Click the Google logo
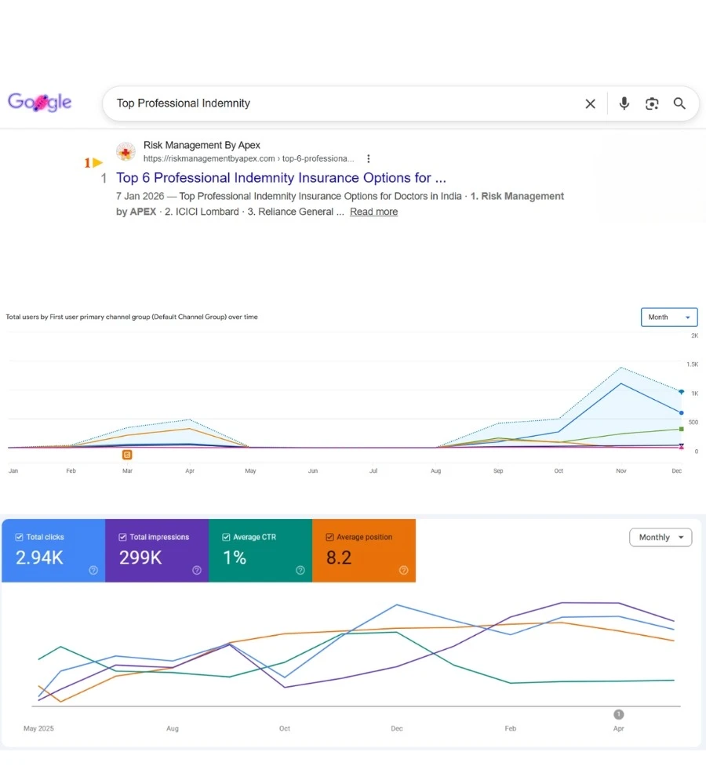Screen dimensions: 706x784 click(x=39, y=103)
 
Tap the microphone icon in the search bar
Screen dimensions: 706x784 click(x=624, y=103)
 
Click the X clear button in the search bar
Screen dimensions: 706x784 click(x=591, y=103)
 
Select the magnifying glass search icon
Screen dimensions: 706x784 click(x=679, y=103)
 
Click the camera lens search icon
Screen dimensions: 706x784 click(x=651, y=103)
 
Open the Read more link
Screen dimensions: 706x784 click(x=373, y=212)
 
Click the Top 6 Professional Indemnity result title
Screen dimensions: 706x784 click(x=281, y=177)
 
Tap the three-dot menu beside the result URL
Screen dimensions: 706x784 click(x=368, y=158)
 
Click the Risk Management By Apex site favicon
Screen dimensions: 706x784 click(x=126, y=151)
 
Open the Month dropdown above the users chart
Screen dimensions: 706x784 click(x=669, y=317)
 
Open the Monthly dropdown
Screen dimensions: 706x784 click(x=661, y=538)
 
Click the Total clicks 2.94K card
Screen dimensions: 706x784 click(x=53, y=550)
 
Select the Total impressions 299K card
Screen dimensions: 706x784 click(x=157, y=550)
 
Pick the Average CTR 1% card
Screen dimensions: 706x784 click(x=260, y=550)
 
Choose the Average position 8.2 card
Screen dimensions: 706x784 click(x=364, y=550)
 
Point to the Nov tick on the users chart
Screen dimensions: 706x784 click(x=621, y=470)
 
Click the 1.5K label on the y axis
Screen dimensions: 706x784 click(x=693, y=365)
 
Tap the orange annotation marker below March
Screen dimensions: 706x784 click(x=127, y=455)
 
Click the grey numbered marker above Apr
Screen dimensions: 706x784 click(x=618, y=714)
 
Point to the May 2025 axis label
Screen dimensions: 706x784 click(x=38, y=728)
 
